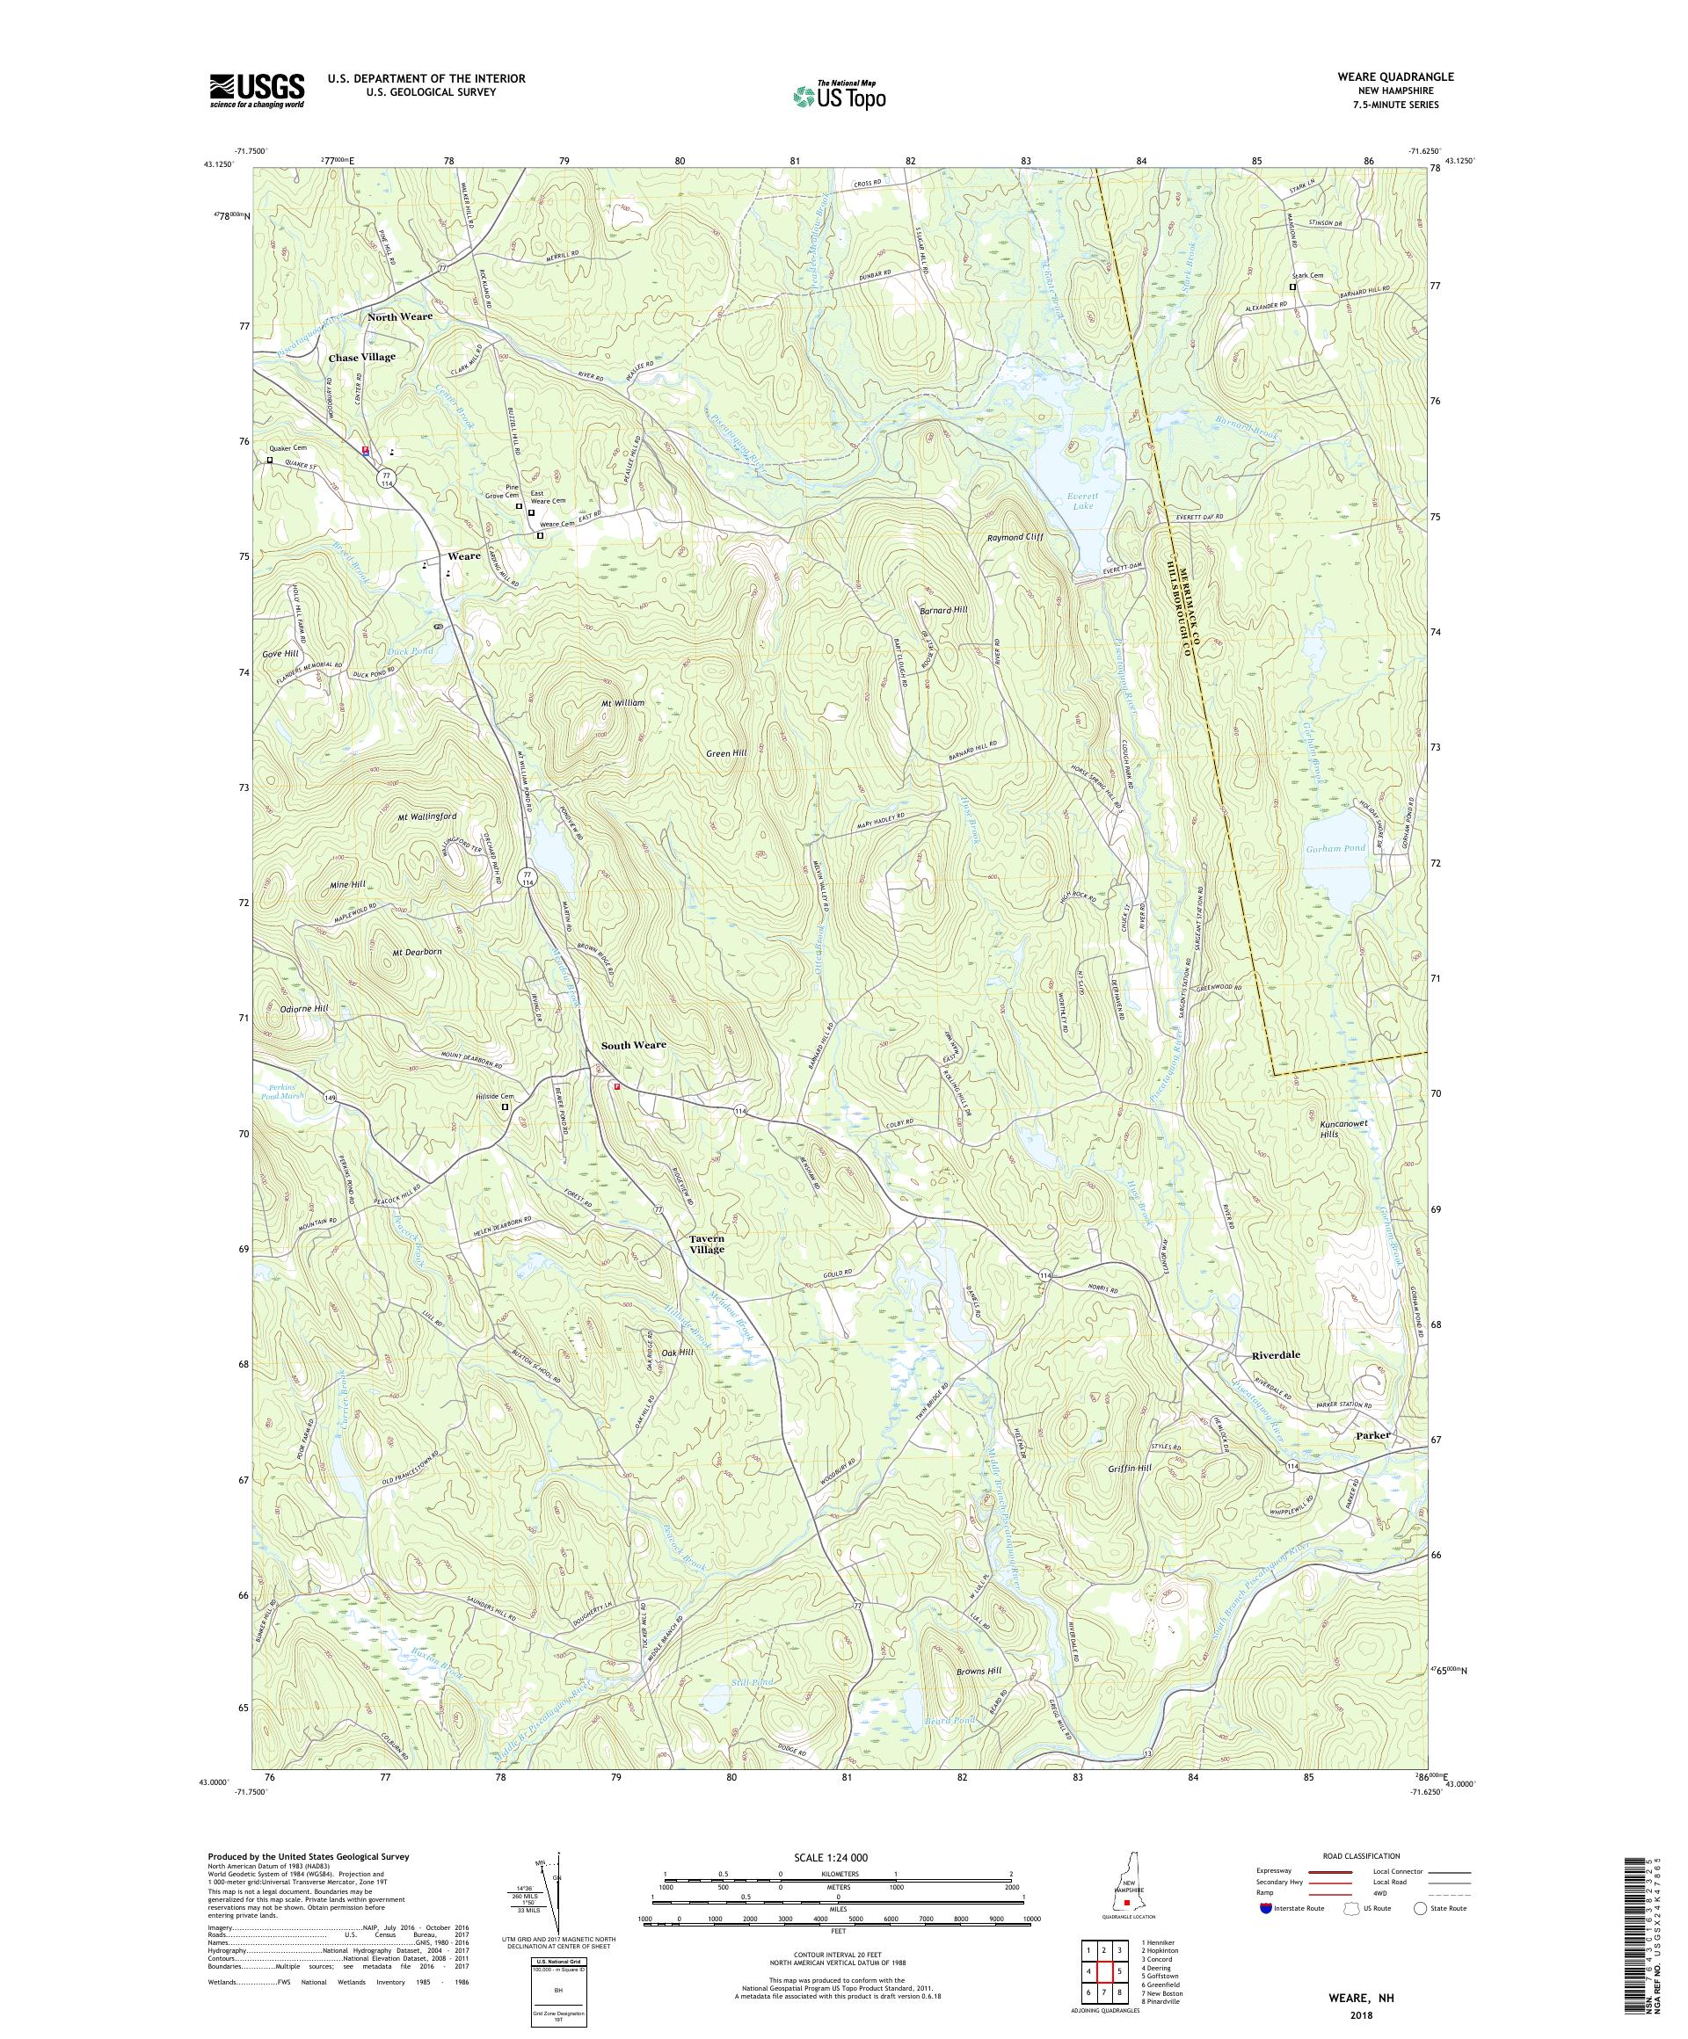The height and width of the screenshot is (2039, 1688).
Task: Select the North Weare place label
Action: click(x=399, y=316)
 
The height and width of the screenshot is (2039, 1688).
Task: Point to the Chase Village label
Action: click(x=361, y=358)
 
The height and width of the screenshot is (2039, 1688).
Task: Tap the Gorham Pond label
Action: click(x=1335, y=847)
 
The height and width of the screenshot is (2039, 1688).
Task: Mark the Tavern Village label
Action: click(x=706, y=1244)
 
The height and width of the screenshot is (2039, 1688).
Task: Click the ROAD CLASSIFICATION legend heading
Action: click(x=1366, y=1855)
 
